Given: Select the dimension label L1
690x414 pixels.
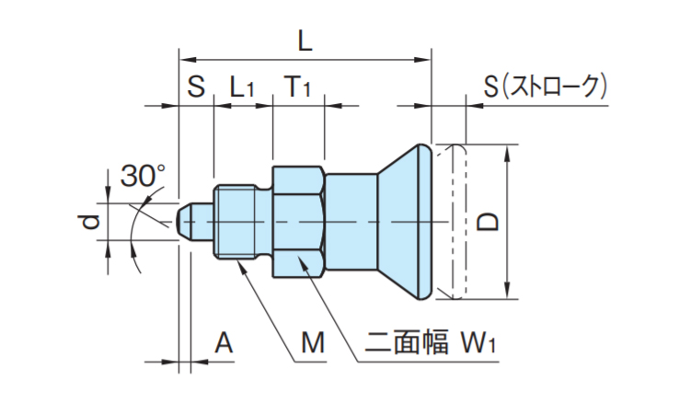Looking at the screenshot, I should [242, 87].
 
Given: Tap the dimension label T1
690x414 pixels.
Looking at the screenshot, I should [297, 87].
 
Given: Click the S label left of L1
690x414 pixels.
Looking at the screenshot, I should [196, 87].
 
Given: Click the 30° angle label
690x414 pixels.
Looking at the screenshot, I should [143, 176].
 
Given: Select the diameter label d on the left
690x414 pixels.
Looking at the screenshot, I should [89, 223].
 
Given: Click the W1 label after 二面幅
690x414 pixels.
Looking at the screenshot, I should [478, 345].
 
